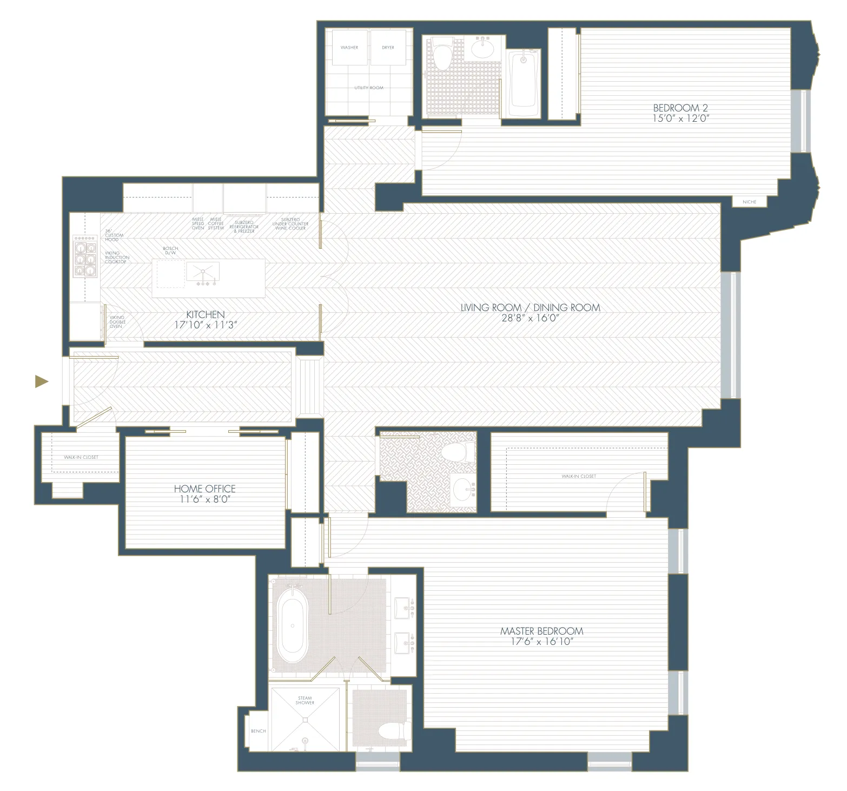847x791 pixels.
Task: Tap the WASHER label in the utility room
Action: pyautogui.click(x=349, y=48)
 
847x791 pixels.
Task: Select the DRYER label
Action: pyautogui.click(x=388, y=48)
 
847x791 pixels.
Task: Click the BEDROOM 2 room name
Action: pyautogui.click(x=680, y=108)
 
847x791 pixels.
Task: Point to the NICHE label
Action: pyautogui.click(x=749, y=202)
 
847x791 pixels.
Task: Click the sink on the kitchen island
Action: pyautogui.click(x=203, y=273)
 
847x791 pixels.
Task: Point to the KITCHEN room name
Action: pyautogui.click(x=205, y=314)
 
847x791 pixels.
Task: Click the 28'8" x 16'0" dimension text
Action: pyautogui.click(x=530, y=318)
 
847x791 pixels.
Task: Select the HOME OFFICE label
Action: pyautogui.click(x=204, y=488)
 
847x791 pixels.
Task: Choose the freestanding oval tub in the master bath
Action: pyautogui.click(x=293, y=627)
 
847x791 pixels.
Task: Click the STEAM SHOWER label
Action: pyautogui.click(x=305, y=700)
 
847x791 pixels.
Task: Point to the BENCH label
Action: pyautogui.click(x=258, y=731)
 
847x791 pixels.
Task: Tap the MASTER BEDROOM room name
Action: pyautogui.click(x=541, y=631)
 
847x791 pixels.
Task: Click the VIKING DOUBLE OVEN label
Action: pyautogui.click(x=117, y=322)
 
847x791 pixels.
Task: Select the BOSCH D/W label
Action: pyautogui.click(x=170, y=251)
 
